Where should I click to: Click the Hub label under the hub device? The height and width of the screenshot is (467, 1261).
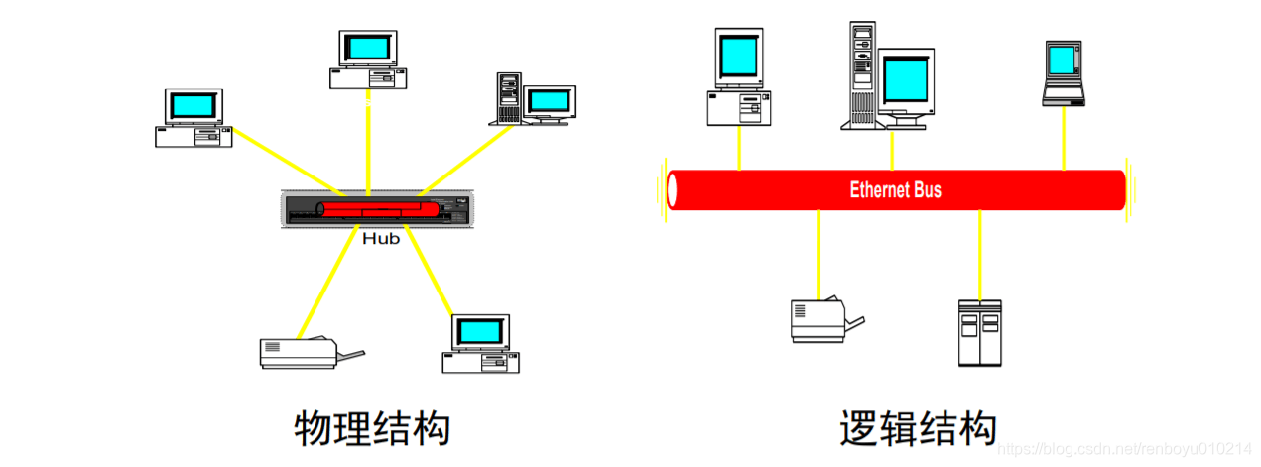(380, 239)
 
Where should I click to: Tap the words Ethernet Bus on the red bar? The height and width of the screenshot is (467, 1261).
(895, 189)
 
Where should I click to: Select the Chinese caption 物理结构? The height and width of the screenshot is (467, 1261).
(373, 429)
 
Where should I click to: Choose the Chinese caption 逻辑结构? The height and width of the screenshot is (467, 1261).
(917, 429)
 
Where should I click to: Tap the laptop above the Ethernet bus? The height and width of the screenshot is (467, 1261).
(1063, 73)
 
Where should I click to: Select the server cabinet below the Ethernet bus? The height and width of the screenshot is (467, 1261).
(979, 332)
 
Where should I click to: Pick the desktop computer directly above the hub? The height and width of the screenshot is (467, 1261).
(367, 59)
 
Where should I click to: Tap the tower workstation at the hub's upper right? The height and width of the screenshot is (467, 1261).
(533, 98)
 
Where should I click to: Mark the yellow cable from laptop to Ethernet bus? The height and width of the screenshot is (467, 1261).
(1064, 138)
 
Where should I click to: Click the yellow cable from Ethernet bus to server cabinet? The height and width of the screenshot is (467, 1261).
(979, 254)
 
